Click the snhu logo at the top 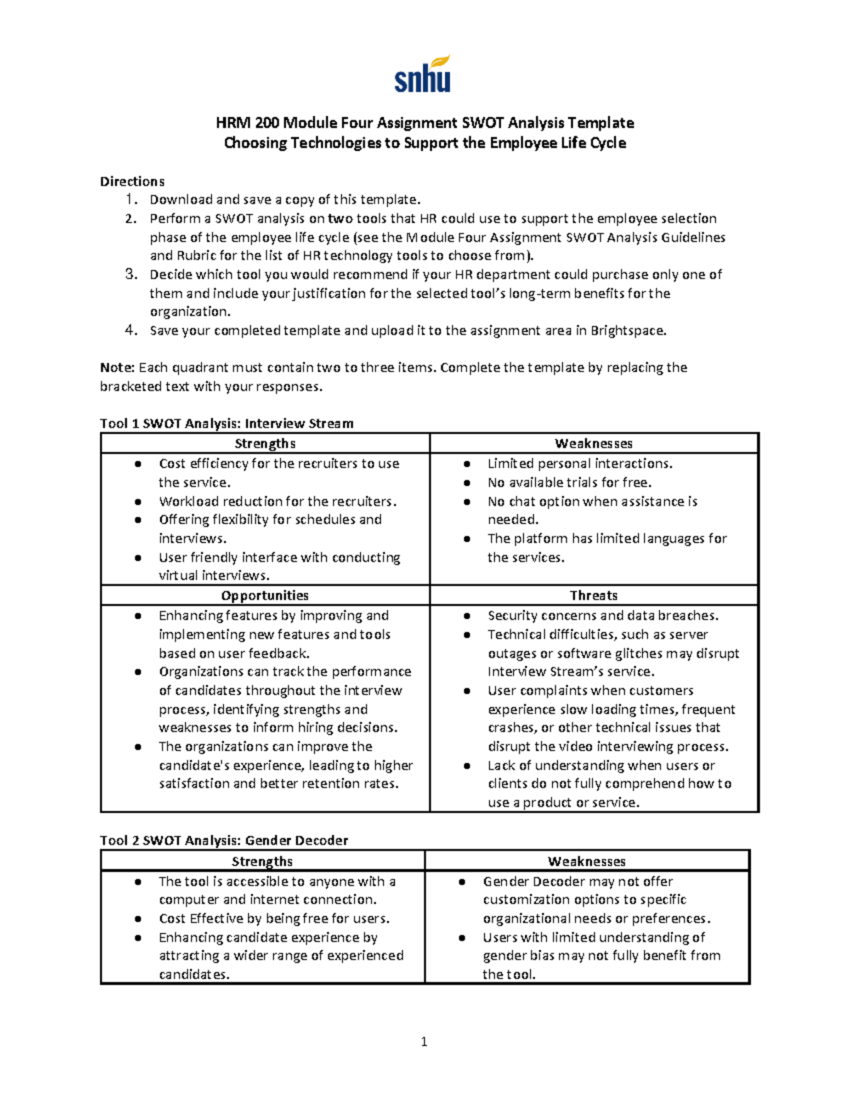[x=423, y=75]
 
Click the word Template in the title [x=605, y=123]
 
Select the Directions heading [x=132, y=181]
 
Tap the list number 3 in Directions [x=130, y=274]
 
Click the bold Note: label [x=117, y=368]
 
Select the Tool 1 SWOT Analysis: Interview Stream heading [x=227, y=424]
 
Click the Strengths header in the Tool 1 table [x=265, y=443]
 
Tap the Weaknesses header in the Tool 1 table [x=594, y=443]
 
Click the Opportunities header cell [x=265, y=596]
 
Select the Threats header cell [x=594, y=596]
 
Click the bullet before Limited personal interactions [x=467, y=464]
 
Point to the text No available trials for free [x=569, y=482]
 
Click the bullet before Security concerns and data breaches [x=467, y=616]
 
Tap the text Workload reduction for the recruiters [x=278, y=501]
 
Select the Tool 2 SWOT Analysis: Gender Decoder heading [x=224, y=841]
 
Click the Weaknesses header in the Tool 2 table [x=586, y=861]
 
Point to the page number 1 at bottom [x=424, y=1041]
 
